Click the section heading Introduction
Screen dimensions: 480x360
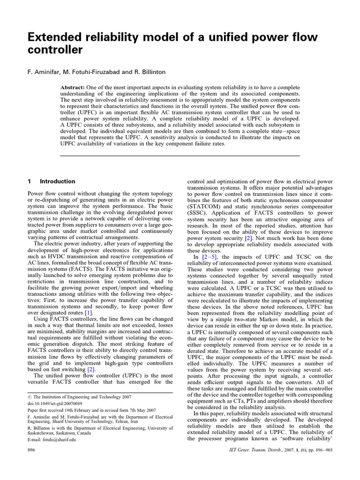[58, 181]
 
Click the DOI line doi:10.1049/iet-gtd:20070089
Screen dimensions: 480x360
[54, 403]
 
